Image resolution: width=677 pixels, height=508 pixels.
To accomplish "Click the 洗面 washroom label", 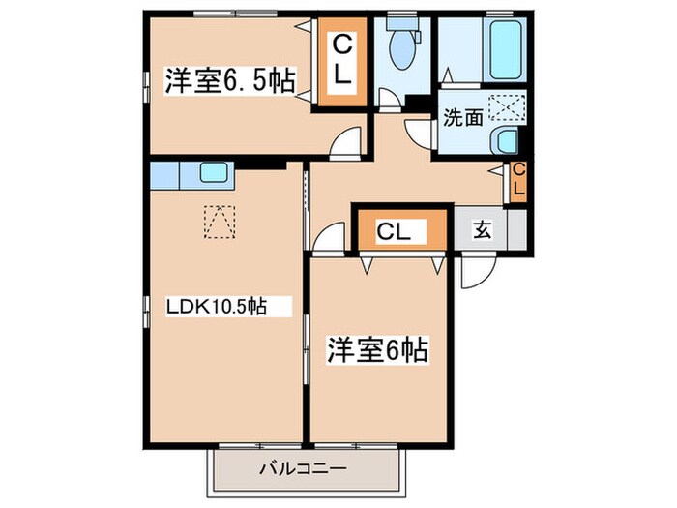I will coord(463,119).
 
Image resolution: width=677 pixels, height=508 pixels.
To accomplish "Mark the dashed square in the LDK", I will coord(219,223).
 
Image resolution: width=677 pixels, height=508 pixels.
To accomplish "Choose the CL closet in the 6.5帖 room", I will coord(342,61).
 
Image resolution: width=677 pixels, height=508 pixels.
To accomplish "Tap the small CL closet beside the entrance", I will coord(517,181).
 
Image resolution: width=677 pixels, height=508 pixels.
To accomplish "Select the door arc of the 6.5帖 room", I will coord(342,144).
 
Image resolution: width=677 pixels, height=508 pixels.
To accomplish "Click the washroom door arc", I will coord(419,133).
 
